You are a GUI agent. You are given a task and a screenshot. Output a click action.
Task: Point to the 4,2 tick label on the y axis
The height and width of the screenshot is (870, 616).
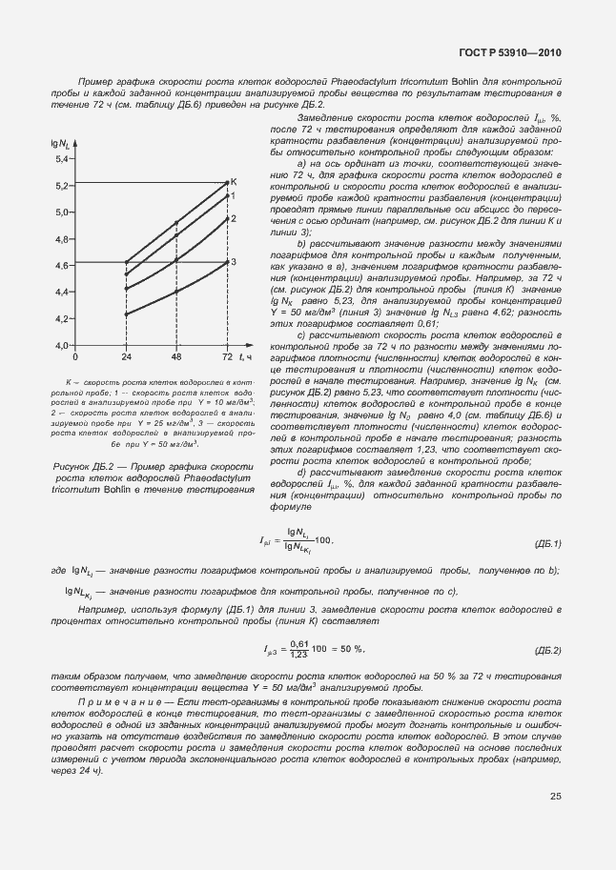coord(63,318)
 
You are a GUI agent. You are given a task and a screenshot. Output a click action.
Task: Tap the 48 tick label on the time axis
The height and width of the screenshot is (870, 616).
coord(175,356)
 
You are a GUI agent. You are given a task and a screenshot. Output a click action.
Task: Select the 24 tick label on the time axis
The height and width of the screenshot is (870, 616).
coord(126,356)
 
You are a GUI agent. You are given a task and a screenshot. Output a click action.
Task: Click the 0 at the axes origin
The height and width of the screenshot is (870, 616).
coord(75,356)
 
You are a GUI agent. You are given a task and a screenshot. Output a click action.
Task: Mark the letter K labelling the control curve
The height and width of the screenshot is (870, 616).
coord(234,181)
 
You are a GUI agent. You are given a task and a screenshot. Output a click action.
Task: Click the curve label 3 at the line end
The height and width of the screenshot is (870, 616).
coord(233,262)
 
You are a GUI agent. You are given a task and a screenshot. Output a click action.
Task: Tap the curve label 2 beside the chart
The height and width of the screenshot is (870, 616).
coord(232,218)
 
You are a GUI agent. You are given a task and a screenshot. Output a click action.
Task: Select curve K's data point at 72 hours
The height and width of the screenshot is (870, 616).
coord(226,182)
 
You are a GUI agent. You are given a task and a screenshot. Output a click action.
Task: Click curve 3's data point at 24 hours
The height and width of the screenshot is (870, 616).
coord(126,313)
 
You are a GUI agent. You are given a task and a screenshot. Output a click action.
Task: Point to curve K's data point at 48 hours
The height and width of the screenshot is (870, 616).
coord(175,224)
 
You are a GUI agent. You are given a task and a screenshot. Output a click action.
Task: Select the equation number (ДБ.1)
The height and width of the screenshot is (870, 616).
coord(544,543)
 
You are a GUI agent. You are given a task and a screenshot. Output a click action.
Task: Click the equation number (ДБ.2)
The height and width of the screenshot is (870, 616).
coord(544,650)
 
